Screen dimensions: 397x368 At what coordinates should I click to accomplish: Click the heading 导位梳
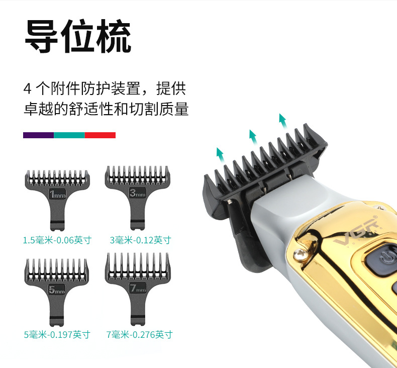[78, 36]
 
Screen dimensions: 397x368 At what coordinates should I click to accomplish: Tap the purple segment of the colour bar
[39, 135]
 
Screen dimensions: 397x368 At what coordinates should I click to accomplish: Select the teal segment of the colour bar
[69, 135]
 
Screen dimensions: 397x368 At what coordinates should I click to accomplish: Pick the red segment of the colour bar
[100, 135]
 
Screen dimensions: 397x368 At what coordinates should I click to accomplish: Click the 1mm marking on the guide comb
[57, 194]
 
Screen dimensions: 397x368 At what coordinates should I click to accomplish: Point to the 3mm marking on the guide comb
[138, 193]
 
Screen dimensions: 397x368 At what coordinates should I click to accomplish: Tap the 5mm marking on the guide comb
[57, 290]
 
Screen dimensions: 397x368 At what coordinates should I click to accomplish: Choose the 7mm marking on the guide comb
[138, 288]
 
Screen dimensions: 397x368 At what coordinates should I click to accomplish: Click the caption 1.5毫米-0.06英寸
[57, 240]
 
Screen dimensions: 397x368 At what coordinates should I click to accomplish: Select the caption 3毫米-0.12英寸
[141, 240]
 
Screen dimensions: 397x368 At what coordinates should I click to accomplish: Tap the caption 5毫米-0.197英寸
[57, 335]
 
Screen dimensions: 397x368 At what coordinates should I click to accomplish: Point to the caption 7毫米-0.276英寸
[140, 335]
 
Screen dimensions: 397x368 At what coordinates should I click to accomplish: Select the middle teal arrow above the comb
[253, 137]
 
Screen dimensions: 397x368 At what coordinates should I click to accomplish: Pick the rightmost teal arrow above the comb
[283, 121]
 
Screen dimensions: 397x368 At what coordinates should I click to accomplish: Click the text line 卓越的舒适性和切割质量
[106, 109]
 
